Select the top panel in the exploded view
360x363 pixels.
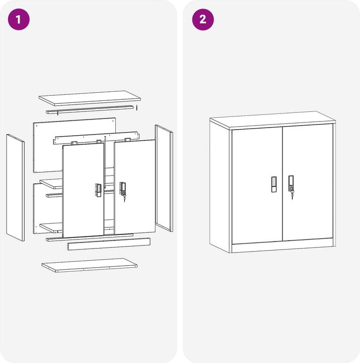90,98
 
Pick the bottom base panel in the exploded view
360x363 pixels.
90,265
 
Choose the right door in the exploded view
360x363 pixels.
135,187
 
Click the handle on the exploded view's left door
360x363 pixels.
98,190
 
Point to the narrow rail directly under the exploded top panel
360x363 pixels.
91,110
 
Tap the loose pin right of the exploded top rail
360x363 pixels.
136,107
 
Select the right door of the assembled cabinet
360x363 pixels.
307,181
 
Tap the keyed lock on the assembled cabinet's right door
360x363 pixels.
291,185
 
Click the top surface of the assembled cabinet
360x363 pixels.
272,119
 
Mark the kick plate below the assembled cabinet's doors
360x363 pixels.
282,247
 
